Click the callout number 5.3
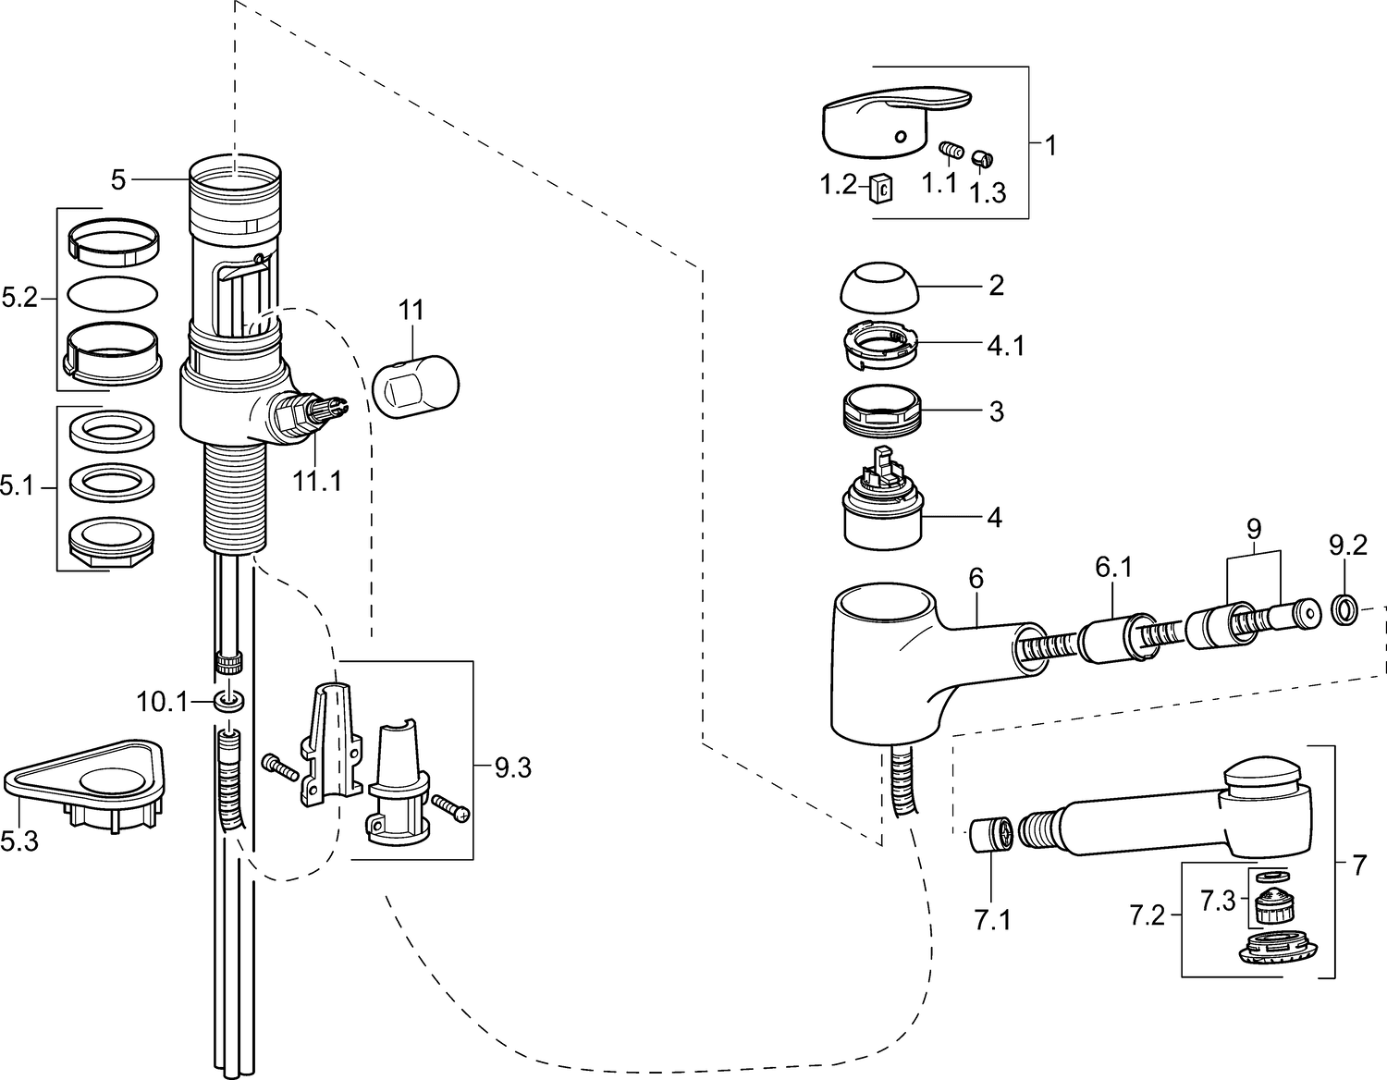(19, 841)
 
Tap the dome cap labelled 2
(879, 287)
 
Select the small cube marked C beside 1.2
(880, 189)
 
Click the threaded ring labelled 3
(883, 411)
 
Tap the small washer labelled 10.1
(228, 701)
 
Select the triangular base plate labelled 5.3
(83, 786)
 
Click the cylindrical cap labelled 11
(415, 387)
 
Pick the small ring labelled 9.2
(1344, 608)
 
